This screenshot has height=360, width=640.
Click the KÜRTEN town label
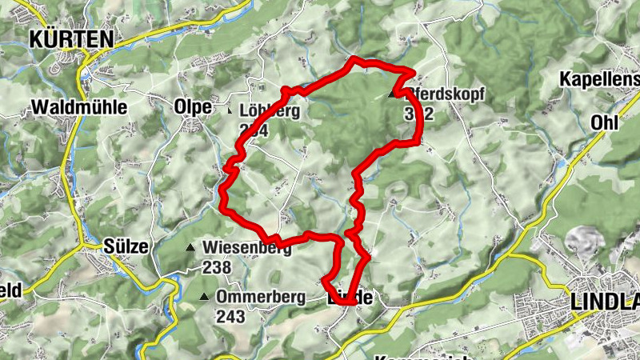(70, 38)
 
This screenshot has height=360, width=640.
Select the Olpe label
(193, 107)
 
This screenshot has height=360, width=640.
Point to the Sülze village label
(127, 246)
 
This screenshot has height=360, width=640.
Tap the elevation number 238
(216, 267)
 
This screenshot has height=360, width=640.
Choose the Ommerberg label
(261, 298)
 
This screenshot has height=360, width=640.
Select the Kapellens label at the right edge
(600, 80)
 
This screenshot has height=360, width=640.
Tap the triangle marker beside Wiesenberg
(190, 248)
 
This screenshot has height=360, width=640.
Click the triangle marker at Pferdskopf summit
(392, 94)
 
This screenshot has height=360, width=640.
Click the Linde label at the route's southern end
(350, 298)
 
